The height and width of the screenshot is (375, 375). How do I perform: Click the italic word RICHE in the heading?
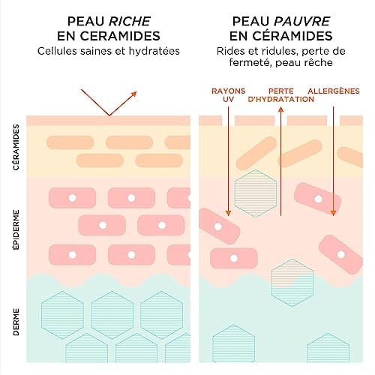pos(130,21)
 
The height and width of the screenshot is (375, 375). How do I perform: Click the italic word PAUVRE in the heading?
pos(302,21)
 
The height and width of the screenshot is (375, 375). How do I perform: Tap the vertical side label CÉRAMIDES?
pos(16,148)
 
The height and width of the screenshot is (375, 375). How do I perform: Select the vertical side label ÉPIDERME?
pos(16,229)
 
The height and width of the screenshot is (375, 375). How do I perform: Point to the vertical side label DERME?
pos(16,322)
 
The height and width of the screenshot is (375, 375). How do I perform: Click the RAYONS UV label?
pos(229,95)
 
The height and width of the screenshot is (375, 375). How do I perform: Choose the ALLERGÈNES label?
pos(334,91)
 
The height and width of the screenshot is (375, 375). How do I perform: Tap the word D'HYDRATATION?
pos(280,99)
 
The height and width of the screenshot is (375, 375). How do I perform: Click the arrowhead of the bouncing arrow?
pos(134,94)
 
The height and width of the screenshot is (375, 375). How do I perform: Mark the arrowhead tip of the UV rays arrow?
pos(228,215)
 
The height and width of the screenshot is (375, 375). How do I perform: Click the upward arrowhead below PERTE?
pos(280,109)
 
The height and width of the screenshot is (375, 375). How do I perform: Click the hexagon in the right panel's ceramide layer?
pos(256,193)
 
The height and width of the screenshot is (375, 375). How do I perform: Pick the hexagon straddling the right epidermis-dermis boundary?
pos(292,283)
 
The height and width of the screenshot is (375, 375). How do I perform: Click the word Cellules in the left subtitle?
pos(57,51)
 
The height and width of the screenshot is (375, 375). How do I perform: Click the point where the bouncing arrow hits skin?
pos(109,115)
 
